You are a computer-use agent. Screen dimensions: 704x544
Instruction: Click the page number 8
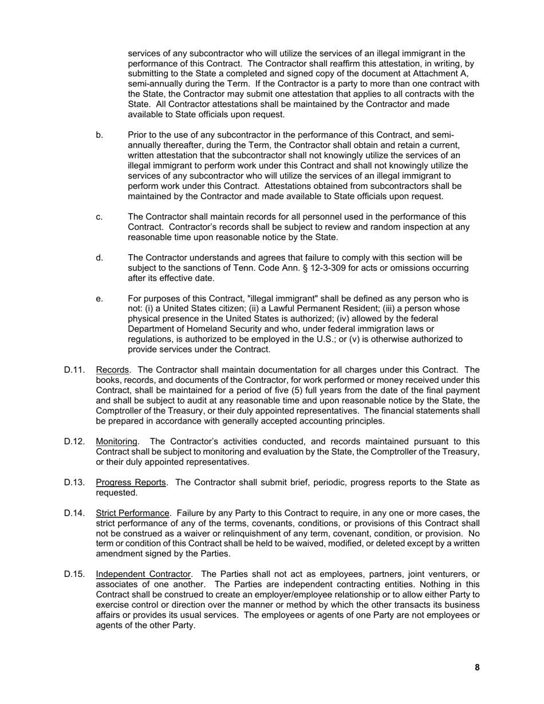click(x=477, y=667)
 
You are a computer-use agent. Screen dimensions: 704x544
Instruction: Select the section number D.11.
click(x=74, y=370)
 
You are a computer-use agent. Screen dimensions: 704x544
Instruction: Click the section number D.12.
click(x=74, y=441)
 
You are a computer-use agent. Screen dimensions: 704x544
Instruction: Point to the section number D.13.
click(x=74, y=482)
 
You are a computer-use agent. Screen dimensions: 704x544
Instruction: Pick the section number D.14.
click(x=74, y=513)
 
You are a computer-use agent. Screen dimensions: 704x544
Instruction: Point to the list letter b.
click(x=100, y=135)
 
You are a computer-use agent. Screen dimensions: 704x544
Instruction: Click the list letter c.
click(x=100, y=217)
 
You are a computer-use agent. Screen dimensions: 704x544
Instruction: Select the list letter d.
click(x=100, y=258)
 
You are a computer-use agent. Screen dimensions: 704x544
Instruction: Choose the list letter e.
click(x=100, y=299)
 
